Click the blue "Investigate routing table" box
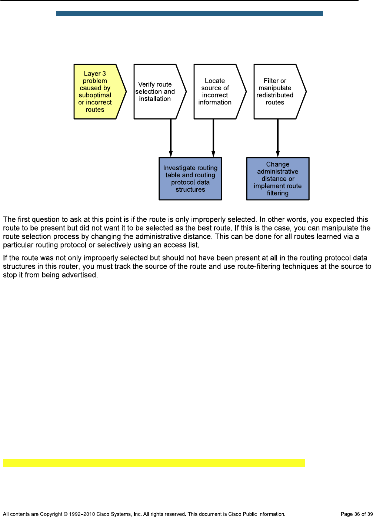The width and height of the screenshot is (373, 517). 190,179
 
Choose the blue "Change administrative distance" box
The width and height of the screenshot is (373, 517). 277,179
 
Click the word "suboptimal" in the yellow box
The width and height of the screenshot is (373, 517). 95,95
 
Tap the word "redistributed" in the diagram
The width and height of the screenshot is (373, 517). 275,95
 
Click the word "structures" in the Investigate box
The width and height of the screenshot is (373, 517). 190,189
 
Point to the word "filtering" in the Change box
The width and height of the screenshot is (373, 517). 277,193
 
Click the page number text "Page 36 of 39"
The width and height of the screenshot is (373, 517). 356,514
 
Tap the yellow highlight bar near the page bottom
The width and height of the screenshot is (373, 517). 154,463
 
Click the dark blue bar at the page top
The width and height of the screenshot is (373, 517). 189,13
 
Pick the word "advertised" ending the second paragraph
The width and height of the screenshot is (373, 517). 81,275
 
